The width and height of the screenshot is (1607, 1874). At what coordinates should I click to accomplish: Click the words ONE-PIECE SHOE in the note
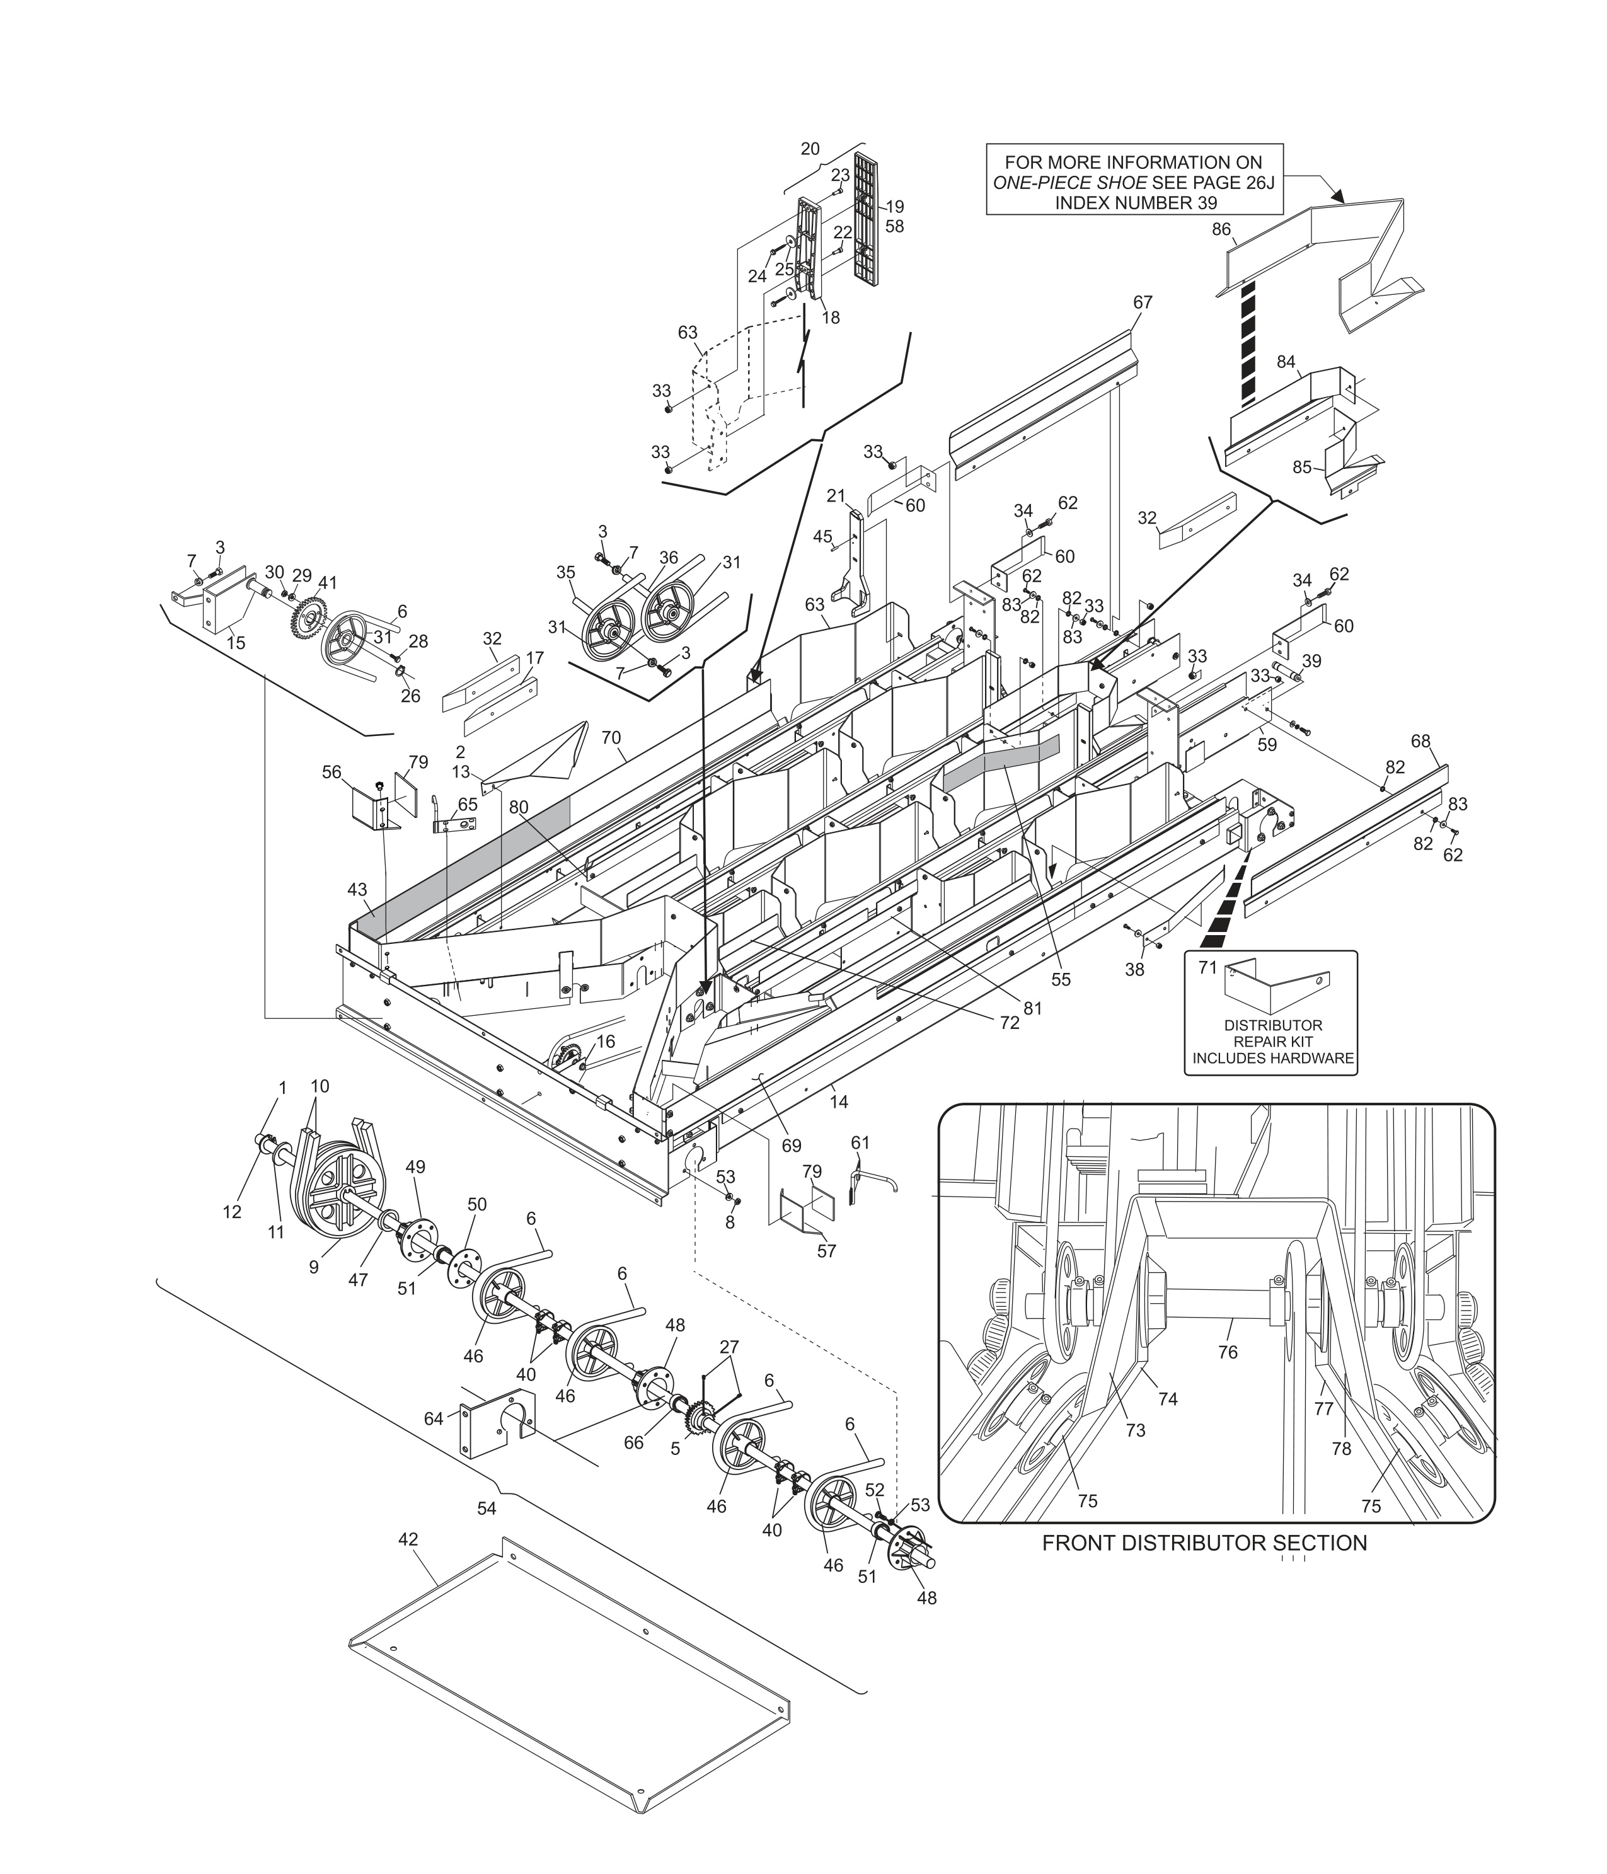1069,183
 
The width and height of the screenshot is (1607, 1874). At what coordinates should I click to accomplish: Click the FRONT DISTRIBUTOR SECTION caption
1204,1543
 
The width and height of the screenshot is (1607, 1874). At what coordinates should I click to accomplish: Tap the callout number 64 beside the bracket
434,1419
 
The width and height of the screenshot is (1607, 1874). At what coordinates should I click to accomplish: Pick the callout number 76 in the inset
1227,1352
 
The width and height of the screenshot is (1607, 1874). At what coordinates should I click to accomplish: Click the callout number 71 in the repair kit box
1208,968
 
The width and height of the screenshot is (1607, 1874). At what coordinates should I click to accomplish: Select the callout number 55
1060,979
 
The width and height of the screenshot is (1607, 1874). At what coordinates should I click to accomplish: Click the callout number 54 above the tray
487,1509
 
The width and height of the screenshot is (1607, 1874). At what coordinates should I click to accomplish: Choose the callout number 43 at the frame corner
357,890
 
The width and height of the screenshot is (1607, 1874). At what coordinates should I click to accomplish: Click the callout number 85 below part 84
1301,468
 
